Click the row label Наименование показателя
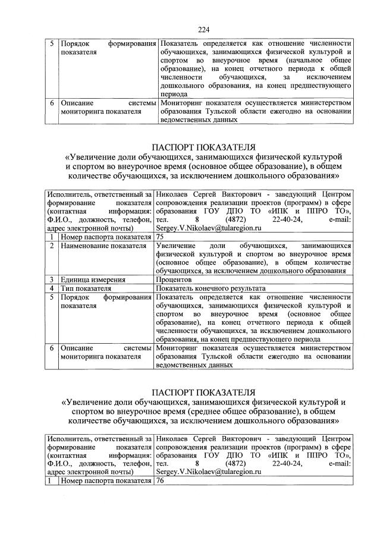[x=103, y=245]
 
